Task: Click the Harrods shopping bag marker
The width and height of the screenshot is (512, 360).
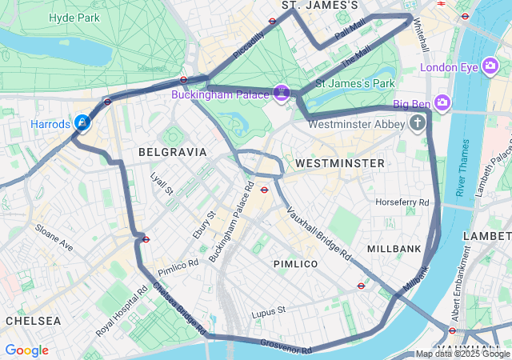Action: [82, 123]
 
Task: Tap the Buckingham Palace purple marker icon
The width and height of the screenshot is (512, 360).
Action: [282, 94]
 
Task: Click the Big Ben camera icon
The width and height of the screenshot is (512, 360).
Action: [443, 103]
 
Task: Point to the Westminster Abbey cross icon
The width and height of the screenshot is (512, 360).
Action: [417, 123]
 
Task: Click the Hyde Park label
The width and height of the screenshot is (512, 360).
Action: [74, 18]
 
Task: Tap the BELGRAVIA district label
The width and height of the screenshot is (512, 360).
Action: [172, 152]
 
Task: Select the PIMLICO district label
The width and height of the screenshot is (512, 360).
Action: [295, 263]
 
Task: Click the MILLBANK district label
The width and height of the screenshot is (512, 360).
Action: [394, 249]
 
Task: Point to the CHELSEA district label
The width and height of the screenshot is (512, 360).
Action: [33, 321]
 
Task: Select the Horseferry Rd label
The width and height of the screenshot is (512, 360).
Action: [402, 202]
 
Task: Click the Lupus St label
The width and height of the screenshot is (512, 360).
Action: [268, 310]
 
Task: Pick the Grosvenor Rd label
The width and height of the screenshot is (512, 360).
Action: [286, 346]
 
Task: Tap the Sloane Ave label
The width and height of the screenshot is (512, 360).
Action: [54, 238]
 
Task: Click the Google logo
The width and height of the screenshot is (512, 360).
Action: [26, 350]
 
